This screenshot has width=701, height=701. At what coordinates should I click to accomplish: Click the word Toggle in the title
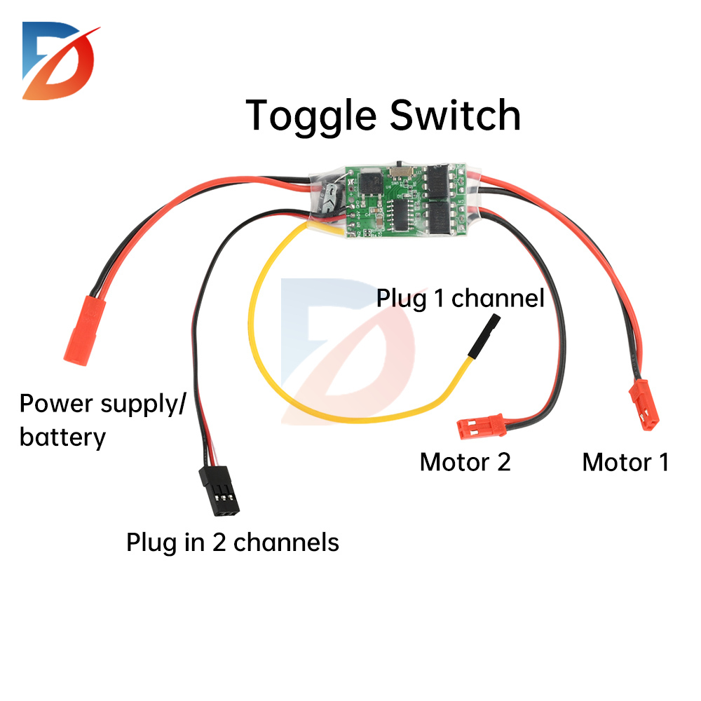point(312,116)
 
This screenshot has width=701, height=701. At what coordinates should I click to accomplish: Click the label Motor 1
point(625,462)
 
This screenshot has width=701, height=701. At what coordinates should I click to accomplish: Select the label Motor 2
point(465,462)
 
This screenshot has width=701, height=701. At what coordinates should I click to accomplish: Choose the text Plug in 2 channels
point(233,542)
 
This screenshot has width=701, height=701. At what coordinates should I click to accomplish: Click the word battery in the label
point(62,437)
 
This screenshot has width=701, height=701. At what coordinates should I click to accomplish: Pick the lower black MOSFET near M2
point(440,217)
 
